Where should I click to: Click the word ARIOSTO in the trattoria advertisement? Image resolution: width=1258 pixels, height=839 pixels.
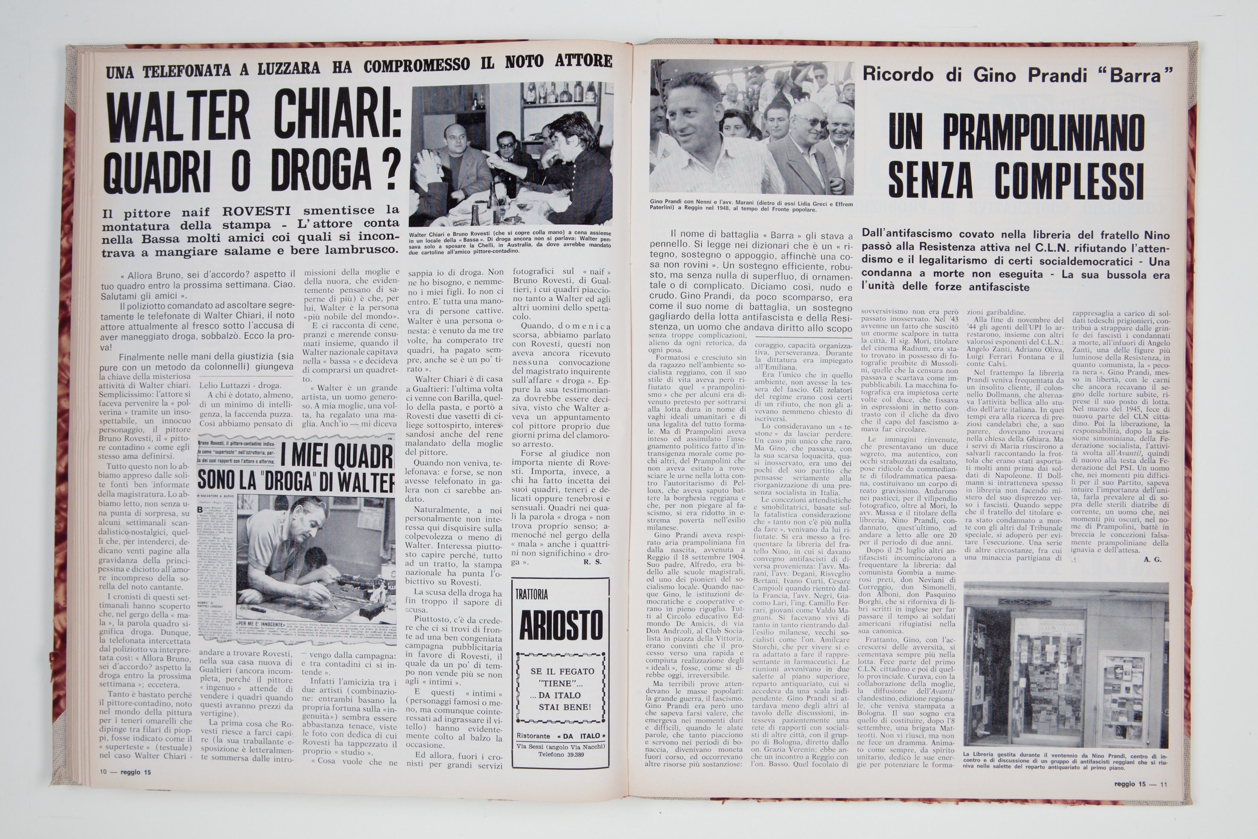coord(561,626)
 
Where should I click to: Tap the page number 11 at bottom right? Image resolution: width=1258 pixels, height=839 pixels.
coord(1163,784)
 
